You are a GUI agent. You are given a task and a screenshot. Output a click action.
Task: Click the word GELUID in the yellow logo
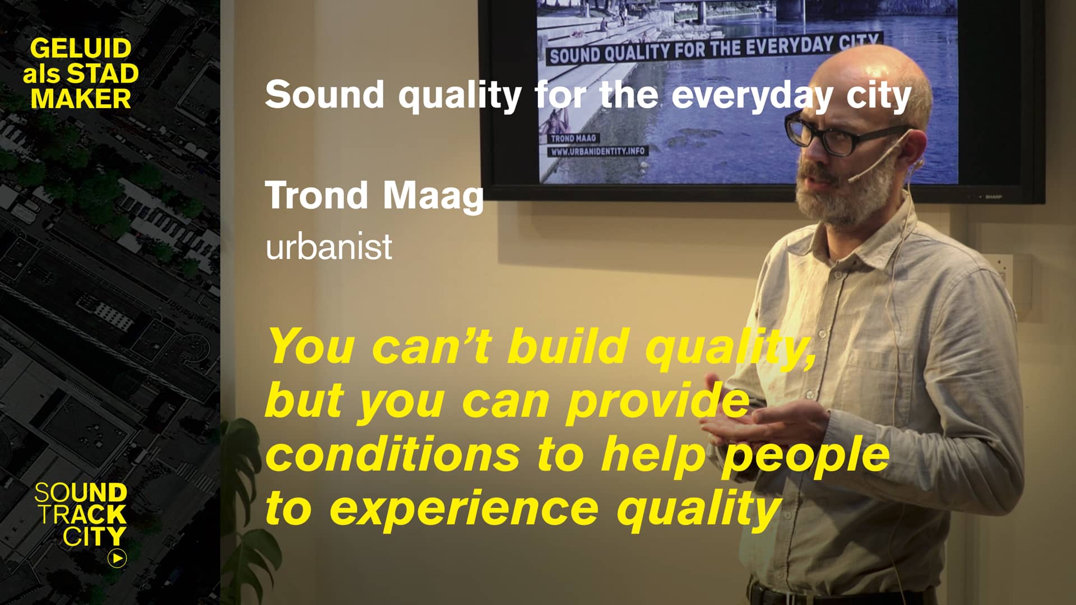(x=81, y=49)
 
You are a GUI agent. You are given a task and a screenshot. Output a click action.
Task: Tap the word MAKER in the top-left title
(x=81, y=99)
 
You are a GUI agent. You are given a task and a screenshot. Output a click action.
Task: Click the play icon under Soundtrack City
(x=117, y=558)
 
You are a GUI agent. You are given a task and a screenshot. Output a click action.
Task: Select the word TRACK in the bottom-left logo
(x=83, y=514)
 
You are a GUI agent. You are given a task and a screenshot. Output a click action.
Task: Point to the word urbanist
(x=329, y=246)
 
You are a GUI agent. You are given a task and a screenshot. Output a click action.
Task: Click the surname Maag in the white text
(x=433, y=197)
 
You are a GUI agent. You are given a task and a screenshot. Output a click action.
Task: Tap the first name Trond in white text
(x=317, y=195)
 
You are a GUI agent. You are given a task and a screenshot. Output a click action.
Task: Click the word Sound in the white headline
(x=324, y=94)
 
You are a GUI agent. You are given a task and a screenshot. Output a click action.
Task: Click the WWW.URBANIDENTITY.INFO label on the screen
(x=597, y=151)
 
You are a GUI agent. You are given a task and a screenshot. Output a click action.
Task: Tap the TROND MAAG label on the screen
(x=573, y=138)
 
